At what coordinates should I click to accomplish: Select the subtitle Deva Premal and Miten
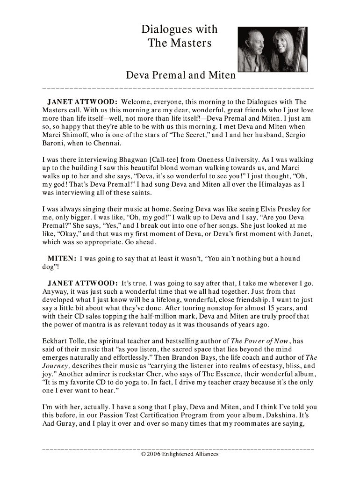180,75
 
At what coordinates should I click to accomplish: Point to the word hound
289,259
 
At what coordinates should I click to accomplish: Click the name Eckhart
56,341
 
